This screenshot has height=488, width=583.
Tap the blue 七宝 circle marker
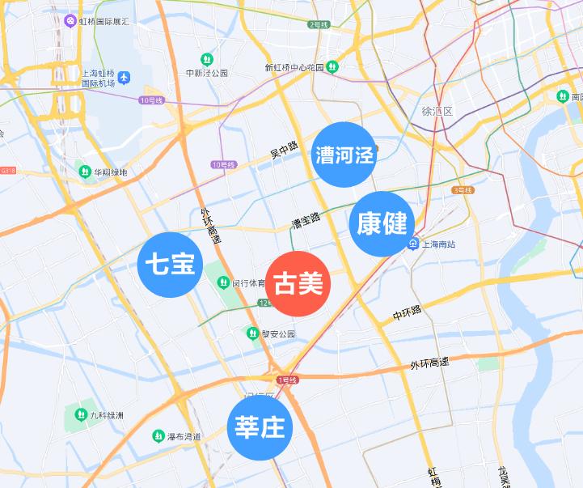[x=170, y=265]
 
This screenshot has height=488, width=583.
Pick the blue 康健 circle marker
[x=382, y=224]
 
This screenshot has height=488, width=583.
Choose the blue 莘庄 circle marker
[x=259, y=426]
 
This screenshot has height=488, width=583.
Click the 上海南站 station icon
[x=412, y=244]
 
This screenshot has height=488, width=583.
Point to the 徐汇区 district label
[x=437, y=110]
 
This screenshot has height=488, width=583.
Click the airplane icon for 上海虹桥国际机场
[x=124, y=78]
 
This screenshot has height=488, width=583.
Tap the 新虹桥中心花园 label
[x=294, y=67]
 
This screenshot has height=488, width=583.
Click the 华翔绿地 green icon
[x=84, y=172]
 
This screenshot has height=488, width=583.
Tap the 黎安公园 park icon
[x=252, y=333]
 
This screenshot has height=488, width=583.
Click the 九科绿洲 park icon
[x=80, y=414]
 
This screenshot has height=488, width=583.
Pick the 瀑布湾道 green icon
[x=158, y=436]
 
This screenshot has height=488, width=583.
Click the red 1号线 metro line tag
[x=288, y=380]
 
